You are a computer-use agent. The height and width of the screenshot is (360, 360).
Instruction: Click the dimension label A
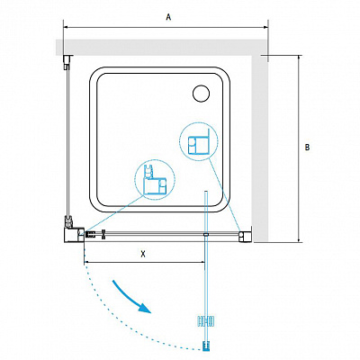click(168, 17)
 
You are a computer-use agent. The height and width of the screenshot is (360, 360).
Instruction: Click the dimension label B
click(307, 147)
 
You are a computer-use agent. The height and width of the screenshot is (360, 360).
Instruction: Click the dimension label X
click(143, 254)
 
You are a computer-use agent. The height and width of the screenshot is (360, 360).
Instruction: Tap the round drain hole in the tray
click(201, 93)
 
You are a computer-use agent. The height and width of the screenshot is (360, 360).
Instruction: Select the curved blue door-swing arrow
click(132, 297)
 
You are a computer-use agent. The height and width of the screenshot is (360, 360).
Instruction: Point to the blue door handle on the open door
click(205, 321)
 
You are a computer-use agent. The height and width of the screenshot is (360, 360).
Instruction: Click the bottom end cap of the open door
click(205, 346)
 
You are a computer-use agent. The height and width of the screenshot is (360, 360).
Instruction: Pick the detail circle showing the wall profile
click(199, 141)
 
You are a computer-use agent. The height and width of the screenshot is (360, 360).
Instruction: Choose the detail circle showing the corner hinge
click(155, 180)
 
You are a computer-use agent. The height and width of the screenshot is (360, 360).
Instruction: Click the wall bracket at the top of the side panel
click(68, 62)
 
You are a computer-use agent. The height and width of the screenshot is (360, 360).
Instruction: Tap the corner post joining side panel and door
click(74, 234)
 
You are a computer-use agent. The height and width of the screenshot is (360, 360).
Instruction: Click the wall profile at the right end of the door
click(245, 235)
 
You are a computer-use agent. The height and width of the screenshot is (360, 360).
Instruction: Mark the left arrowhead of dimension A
click(66, 27)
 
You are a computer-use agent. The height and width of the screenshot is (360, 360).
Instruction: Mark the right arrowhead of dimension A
click(265, 27)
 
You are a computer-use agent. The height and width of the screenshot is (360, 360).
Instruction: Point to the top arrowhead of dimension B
click(299, 58)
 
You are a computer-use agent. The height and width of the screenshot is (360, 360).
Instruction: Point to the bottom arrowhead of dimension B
click(299, 239)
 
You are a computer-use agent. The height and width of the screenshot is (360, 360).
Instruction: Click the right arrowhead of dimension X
click(202, 262)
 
